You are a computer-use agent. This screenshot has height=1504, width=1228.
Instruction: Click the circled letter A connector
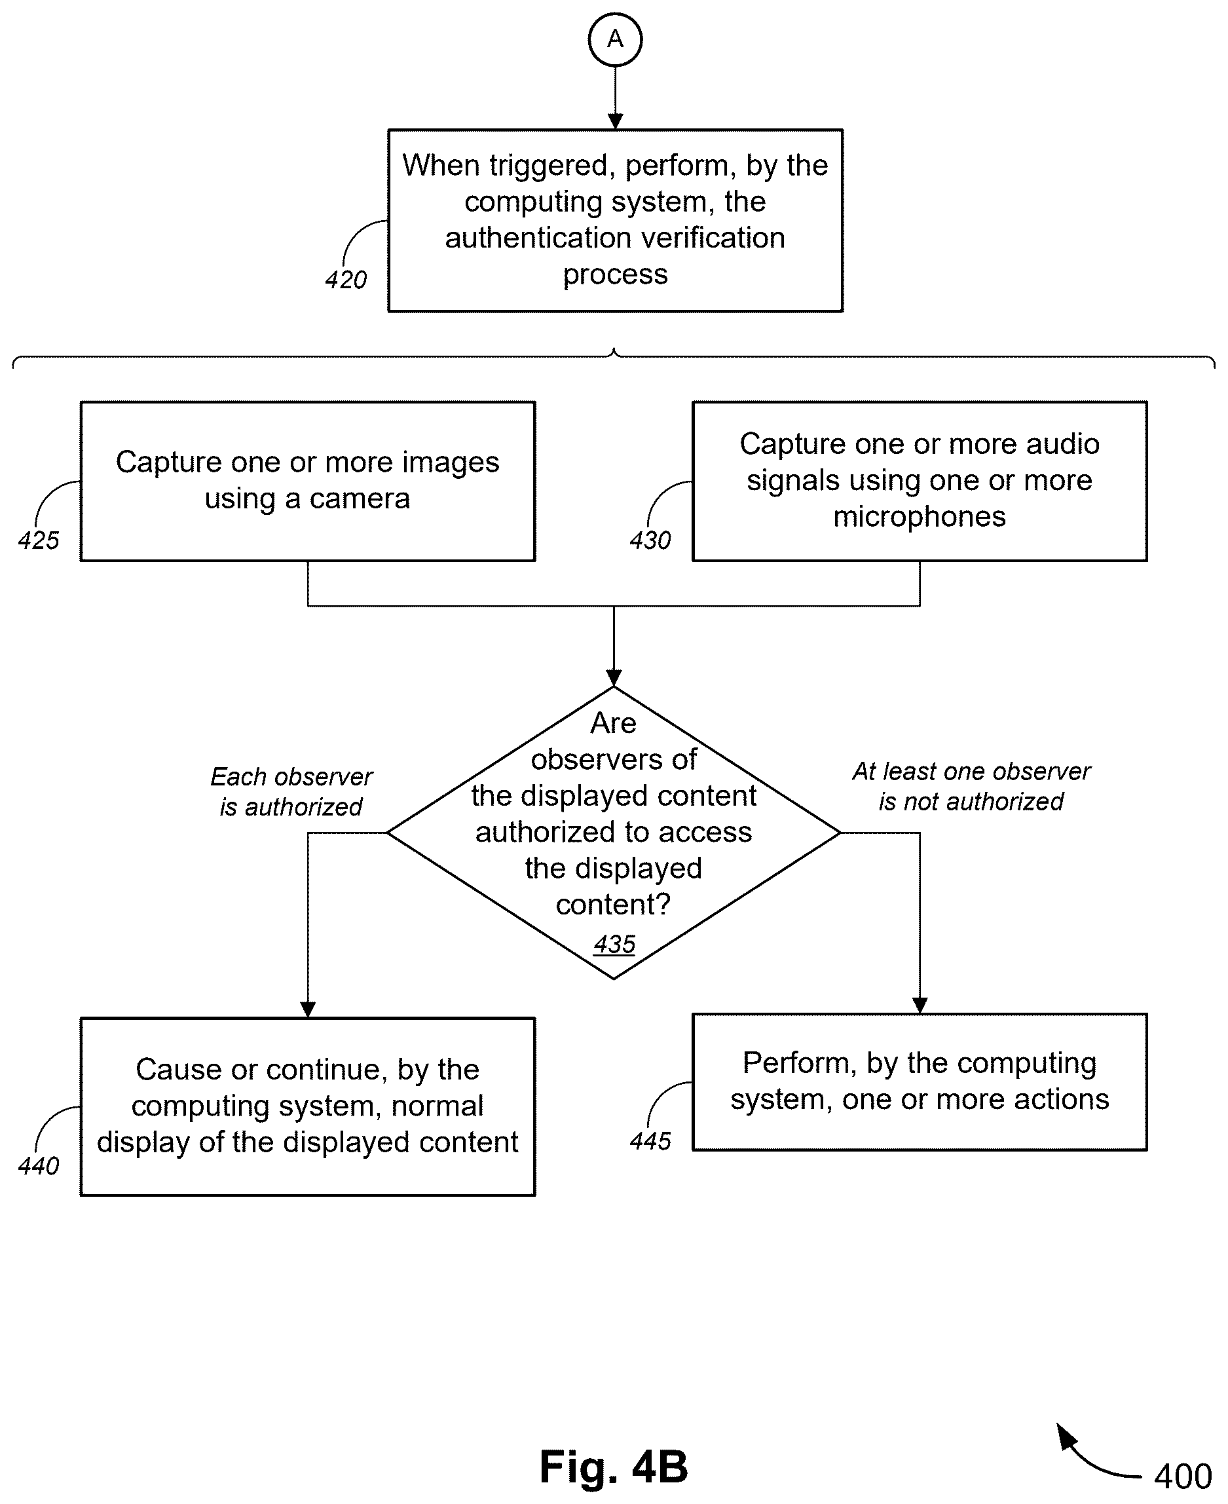[x=615, y=39]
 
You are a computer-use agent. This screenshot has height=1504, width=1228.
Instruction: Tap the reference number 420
[x=346, y=280]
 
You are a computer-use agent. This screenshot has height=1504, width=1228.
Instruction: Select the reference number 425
[x=39, y=540]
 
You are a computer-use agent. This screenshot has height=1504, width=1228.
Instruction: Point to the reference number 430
[x=650, y=540]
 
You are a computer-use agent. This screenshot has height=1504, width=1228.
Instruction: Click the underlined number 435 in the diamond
[x=614, y=944]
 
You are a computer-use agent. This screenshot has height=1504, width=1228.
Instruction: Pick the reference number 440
[x=39, y=1166]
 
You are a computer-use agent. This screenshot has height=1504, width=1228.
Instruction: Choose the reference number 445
[x=650, y=1141]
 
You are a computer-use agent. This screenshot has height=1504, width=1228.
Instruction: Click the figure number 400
[x=1183, y=1476]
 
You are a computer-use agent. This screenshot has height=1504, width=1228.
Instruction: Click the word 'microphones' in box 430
[x=919, y=516]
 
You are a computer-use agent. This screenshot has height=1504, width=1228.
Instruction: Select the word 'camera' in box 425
[x=360, y=498]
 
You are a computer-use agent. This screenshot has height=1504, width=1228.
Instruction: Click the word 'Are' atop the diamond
[x=613, y=723]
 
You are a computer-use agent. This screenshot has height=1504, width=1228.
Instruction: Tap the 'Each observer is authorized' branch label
[x=291, y=791]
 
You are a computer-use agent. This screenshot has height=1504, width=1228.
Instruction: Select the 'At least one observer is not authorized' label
[x=971, y=787]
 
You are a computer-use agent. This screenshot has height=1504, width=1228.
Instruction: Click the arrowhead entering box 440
[x=308, y=1009]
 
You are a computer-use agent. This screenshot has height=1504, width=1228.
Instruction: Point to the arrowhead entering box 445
[x=920, y=1006]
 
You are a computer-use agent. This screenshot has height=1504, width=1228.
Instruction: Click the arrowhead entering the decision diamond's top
[x=614, y=679]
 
